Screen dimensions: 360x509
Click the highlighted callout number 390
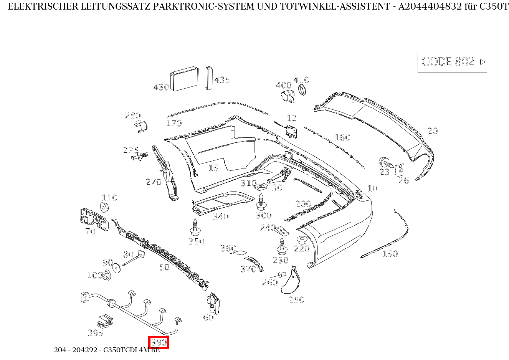159,342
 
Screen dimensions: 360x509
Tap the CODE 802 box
452,62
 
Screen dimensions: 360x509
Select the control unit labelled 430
185,79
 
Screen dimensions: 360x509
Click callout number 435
222,80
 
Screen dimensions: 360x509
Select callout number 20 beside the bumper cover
433,131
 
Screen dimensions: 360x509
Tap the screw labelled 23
385,162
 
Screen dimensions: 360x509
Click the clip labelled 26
400,168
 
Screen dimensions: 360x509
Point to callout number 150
390,254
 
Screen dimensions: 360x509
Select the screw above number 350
196,227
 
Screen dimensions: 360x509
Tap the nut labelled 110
105,207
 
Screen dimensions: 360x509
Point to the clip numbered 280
142,126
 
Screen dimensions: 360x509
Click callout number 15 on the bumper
213,168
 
